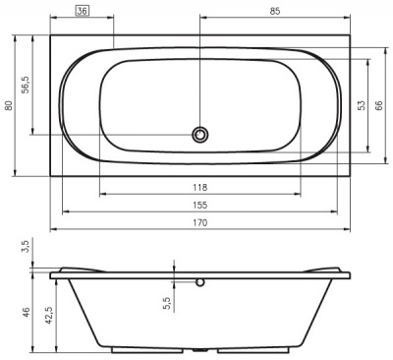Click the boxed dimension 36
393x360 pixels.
84,12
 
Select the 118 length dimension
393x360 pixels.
199,187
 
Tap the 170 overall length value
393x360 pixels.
199,223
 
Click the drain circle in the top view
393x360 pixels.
200,134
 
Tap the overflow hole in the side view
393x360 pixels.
200,282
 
